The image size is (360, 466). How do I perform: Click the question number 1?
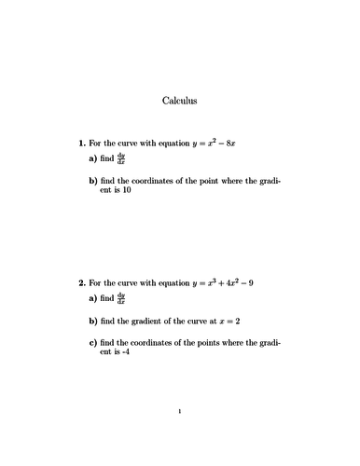tap(81, 144)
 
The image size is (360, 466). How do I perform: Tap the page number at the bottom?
tap(180, 436)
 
